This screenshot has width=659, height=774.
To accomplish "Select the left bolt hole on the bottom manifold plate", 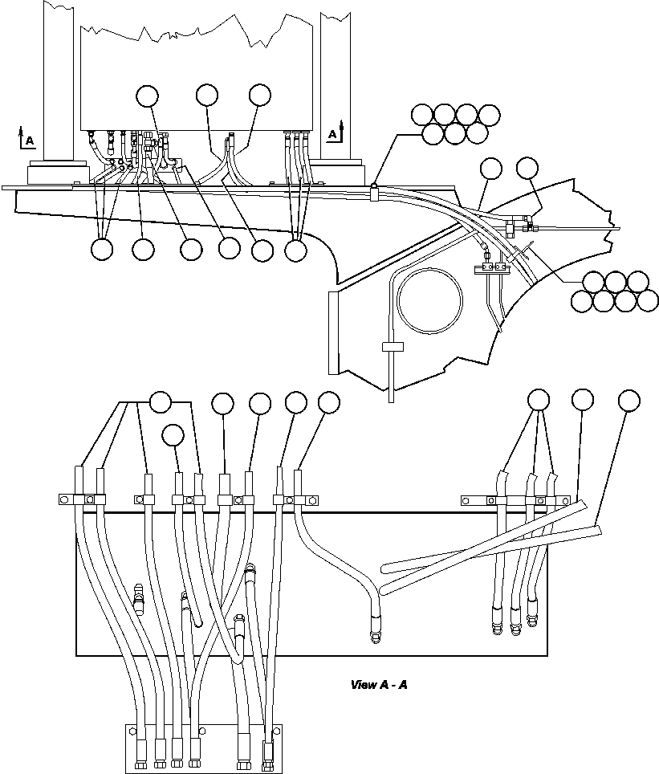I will click(132, 731).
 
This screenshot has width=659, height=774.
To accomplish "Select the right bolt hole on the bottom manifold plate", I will click(277, 731).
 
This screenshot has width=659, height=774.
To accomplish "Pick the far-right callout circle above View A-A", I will click(629, 399).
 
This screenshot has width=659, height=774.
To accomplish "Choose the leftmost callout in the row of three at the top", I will click(148, 96).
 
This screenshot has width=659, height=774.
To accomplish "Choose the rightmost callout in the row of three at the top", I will click(260, 95).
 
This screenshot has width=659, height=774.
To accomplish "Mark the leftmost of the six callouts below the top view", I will click(102, 250).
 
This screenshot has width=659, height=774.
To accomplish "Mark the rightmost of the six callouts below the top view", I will click(296, 250).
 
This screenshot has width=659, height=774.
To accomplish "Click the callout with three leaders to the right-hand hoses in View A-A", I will click(538, 399).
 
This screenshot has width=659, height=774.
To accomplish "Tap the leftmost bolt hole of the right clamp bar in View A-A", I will click(465, 501).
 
